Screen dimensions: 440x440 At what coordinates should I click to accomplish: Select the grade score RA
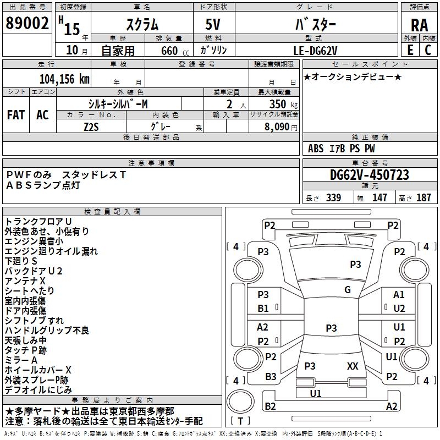[419, 26]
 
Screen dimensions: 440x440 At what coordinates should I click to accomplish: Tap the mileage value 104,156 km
[64, 79]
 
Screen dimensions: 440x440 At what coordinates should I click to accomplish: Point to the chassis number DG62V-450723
[370, 175]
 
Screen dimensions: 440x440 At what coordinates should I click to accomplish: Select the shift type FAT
[15, 114]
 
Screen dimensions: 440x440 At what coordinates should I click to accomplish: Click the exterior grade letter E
[410, 50]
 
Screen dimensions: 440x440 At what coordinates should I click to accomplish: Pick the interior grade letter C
[428, 50]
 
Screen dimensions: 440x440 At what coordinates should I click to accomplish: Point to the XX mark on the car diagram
[353, 366]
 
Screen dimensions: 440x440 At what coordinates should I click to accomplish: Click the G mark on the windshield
[348, 290]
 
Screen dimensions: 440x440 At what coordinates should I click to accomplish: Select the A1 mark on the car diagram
[399, 295]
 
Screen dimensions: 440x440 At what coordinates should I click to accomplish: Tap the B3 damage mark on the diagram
[271, 377]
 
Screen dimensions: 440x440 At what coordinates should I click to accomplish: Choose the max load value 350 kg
[280, 104]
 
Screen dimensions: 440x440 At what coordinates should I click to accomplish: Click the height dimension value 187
[424, 198]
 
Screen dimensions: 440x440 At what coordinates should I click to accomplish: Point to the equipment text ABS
[316, 148]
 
